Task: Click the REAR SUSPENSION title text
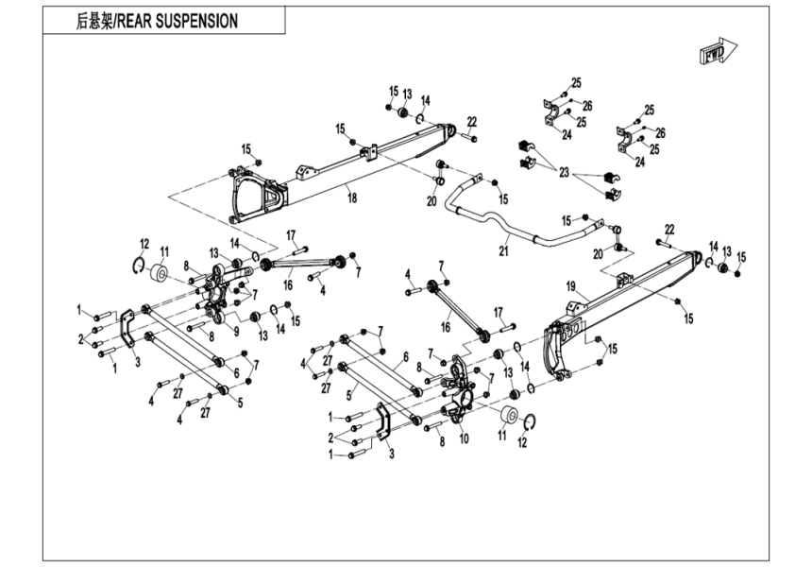[157, 21]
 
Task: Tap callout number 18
[351, 198]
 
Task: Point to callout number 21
[503, 250]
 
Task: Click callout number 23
[564, 173]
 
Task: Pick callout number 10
[464, 438]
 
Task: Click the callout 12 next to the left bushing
[144, 243]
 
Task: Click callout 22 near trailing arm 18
[471, 121]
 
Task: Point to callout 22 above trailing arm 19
[668, 230]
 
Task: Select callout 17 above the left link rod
[291, 235]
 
